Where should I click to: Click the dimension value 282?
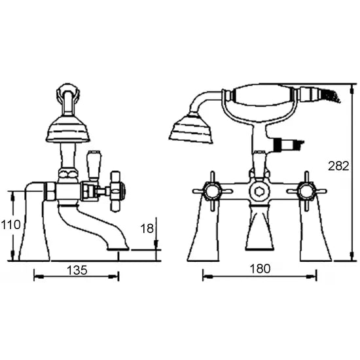coord(338,167)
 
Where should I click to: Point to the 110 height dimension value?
coord(10,225)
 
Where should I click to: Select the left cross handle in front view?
coord(212,191)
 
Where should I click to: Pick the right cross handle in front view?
coord(306,191)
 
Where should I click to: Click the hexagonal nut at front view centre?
coord(259,191)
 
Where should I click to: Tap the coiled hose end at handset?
coord(331,96)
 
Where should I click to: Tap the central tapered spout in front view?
coord(259,229)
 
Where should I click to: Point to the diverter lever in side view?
coord(92,163)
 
